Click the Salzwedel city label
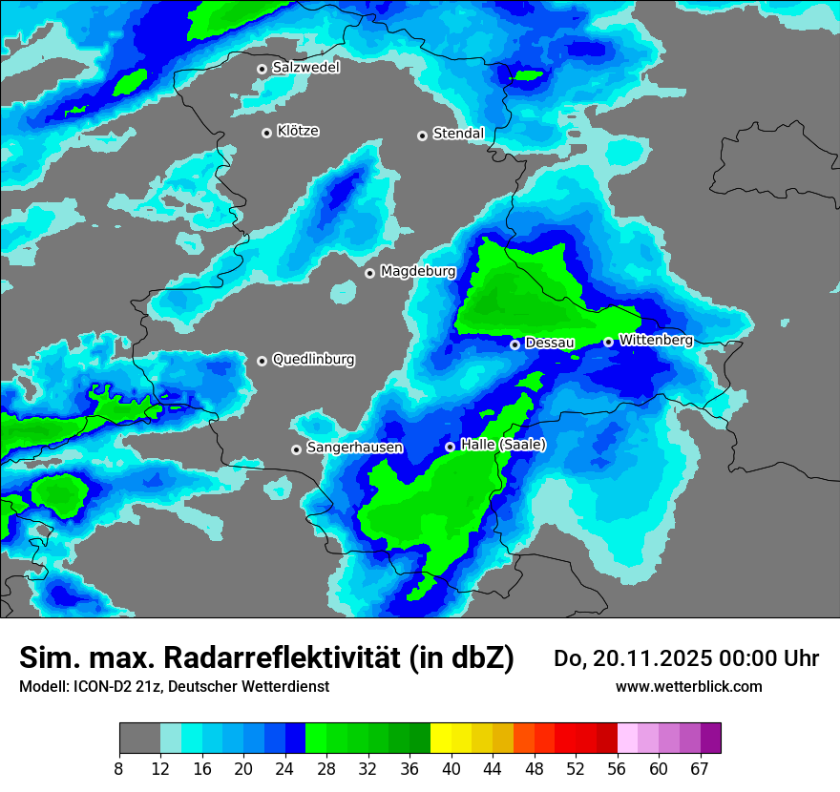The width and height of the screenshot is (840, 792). click(x=305, y=68)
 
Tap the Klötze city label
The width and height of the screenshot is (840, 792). click(x=298, y=132)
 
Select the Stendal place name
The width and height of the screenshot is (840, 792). click(x=458, y=134)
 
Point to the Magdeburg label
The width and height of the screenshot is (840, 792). click(x=418, y=272)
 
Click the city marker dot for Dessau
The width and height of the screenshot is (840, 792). click(x=515, y=344)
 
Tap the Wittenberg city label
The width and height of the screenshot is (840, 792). click(x=656, y=340)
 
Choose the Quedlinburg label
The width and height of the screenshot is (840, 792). click(x=313, y=360)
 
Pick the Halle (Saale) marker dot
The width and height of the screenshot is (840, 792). click(x=451, y=447)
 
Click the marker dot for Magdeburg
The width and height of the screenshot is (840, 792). click(x=370, y=274)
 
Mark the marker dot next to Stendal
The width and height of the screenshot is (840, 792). click(x=422, y=135)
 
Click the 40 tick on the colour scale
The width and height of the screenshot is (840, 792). click(x=451, y=768)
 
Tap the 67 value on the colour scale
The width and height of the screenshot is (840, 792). click(x=700, y=768)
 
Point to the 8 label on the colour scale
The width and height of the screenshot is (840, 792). click(x=119, y=768)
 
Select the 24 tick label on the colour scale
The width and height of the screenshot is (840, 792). click(x=285, y=768)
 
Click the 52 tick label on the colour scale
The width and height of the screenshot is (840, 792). click(x=576, y=768)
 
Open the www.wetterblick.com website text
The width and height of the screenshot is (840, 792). click(x=688, y=687)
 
